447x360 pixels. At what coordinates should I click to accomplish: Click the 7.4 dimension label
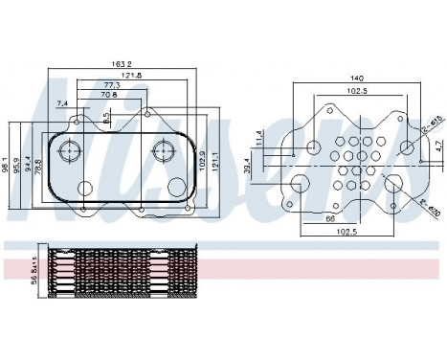(62, 102)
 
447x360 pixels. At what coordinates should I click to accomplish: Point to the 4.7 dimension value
(436, 147)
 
